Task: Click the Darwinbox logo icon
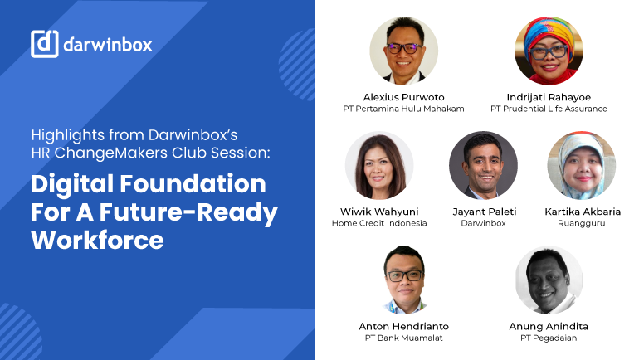(45, 43)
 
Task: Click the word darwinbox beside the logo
(108, 44)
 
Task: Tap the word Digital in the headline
(72, 184)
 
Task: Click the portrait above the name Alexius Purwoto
(403, 51)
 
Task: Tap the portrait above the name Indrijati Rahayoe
(549, 51)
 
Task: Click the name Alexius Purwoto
(403, 97)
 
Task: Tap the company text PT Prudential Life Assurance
(549, 109)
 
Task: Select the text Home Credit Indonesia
(379, 223)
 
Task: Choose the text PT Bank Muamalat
(403, 338)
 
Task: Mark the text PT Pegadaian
(549, 338)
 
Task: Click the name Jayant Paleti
(483, 212)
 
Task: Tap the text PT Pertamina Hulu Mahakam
(403, 109)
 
